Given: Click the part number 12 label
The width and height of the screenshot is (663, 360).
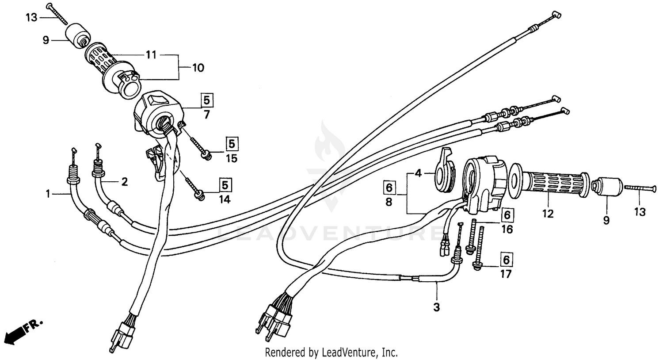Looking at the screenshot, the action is (548, 214).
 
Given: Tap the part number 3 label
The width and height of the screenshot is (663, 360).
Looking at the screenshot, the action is (436, 307).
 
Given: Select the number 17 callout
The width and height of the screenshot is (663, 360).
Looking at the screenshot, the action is (506, 274).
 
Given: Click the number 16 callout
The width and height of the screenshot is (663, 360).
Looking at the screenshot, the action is (507, 230).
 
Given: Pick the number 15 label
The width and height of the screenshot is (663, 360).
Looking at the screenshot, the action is (232, 158).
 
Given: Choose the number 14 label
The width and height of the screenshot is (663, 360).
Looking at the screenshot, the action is (225, 199).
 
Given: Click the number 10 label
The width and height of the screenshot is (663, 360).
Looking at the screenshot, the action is (198, 68).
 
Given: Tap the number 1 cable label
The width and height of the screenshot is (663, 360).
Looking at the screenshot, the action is (48, 193).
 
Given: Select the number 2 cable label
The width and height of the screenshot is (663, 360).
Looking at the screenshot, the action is (125, 182).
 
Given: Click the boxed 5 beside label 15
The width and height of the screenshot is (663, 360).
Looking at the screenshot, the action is (232, 143).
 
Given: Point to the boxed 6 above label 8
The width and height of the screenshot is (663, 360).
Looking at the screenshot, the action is (389, 188).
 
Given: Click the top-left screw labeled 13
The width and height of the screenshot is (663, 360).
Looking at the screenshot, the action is (56, 13).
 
